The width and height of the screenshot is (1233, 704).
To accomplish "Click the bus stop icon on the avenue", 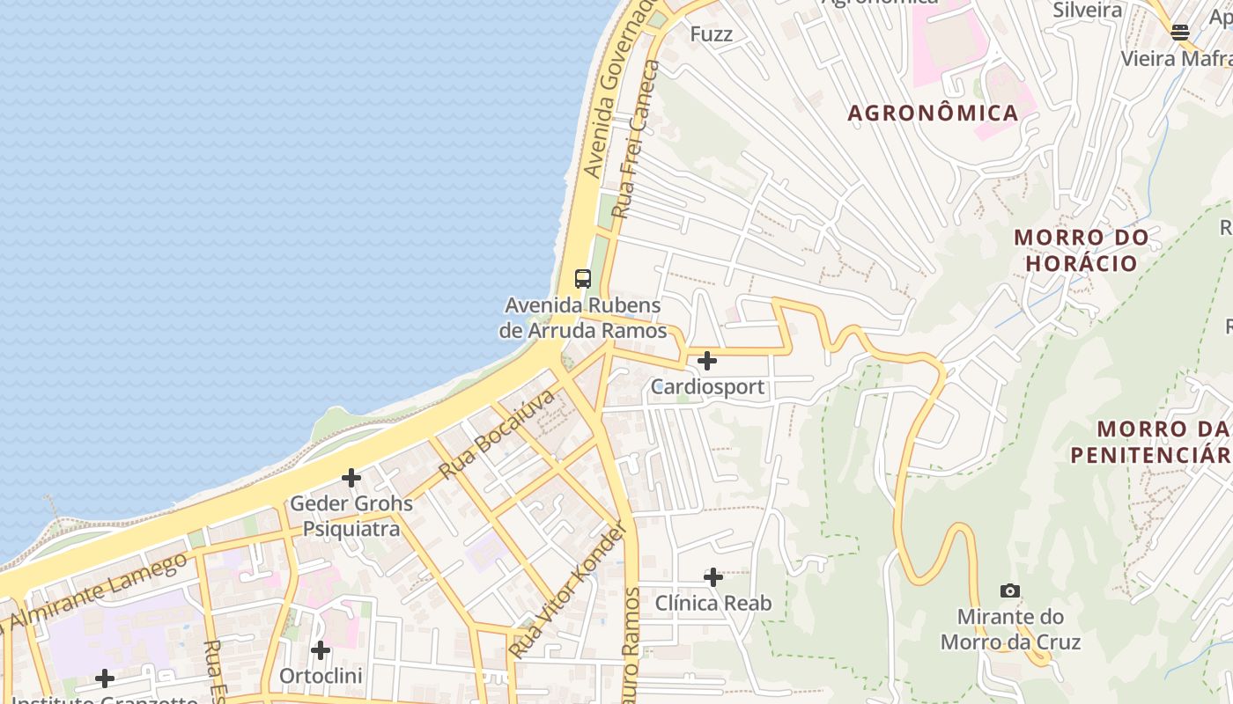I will pyautogui.click(x=582, y=279).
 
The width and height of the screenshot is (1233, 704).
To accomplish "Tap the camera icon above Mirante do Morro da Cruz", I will pyautogui.click(x=1010, y=590).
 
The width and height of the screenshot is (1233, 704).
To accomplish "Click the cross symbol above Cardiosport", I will pyautogui.click(x=706, y=361).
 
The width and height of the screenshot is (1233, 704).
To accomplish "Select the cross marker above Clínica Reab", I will pyautogui.click(x=713, y=577).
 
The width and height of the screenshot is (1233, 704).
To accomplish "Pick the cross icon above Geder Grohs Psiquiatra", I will pyautogui.click(x=351, y=478).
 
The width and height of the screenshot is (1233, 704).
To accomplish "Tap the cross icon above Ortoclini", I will pyautogui.click(x=321, y=650).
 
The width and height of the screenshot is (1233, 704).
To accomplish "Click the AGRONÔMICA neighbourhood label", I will pyautogui.click(x=933, y=113).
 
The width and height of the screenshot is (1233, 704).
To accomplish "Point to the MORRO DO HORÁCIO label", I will pyautogui.click(x=1082, y=250).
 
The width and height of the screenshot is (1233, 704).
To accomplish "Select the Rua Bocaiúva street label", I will pyautogui.click(x=498, y=435).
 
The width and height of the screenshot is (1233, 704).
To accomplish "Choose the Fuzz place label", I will pyautogui.click(x=712, y=34).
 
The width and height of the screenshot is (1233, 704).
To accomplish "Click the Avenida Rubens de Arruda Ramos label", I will pyautogui.click(x=582, y=319).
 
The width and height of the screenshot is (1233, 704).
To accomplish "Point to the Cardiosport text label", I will pyautogui.click(x=707, y=387).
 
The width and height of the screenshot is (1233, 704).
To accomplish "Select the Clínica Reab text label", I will pyautogui.click(x=713, y=604).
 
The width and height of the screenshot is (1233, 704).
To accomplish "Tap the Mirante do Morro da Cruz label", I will pyautogui.click(x=1010, y=629).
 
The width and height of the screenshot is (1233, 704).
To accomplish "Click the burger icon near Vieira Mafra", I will pyautogui.click(x=1180, y=33).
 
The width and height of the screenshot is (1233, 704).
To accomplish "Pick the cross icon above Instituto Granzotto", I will pyautogui.click(x=105, y=678).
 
